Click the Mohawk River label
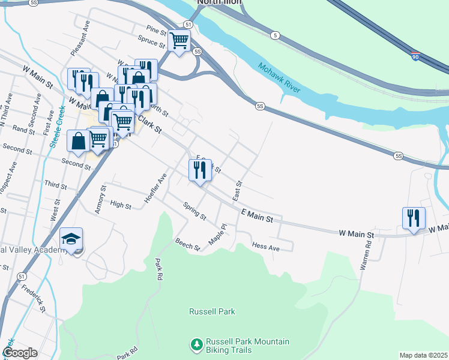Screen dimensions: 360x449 [x=279, y=77]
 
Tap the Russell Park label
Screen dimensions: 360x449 [x=212, y=311]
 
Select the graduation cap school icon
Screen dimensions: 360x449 [x=71, y=239]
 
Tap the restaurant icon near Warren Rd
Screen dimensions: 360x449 [x=414, y=218]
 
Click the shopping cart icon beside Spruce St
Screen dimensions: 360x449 [x=179, y=41]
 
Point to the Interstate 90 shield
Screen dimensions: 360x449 [x=415, y=56]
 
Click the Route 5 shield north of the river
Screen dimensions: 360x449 [x=274, y=35]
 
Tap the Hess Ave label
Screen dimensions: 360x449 [x=266, y=247]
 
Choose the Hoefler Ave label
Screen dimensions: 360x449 [x=154, y=188]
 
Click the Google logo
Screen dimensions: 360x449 [x=20, y=353]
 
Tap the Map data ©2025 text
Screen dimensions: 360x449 [x=423, y=355]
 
